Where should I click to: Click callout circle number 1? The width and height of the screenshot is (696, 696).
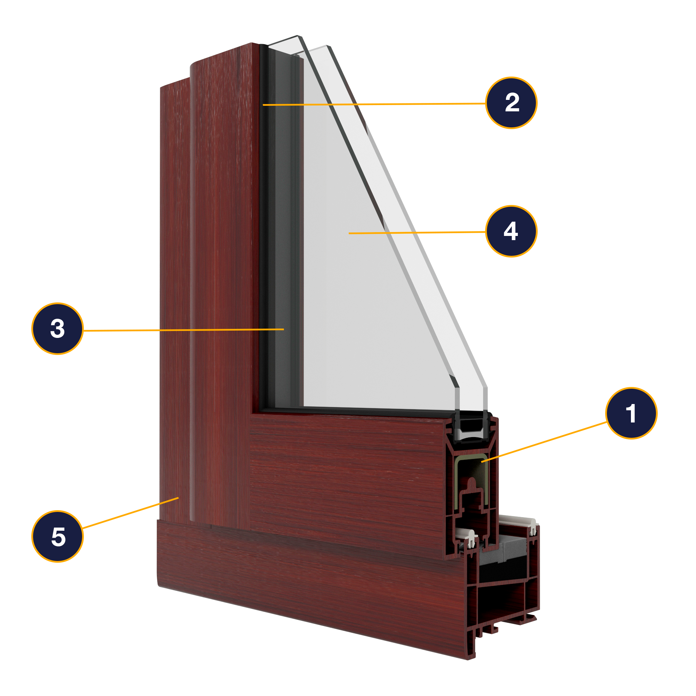(631, 413)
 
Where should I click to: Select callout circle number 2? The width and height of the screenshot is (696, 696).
(511, 103)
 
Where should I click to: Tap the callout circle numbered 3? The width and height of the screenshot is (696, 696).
(58, 329)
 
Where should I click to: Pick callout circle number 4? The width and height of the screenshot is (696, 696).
(511, 231)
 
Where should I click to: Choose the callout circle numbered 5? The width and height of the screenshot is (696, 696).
(58, 536)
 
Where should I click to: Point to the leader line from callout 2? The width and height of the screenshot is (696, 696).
(375, 104)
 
